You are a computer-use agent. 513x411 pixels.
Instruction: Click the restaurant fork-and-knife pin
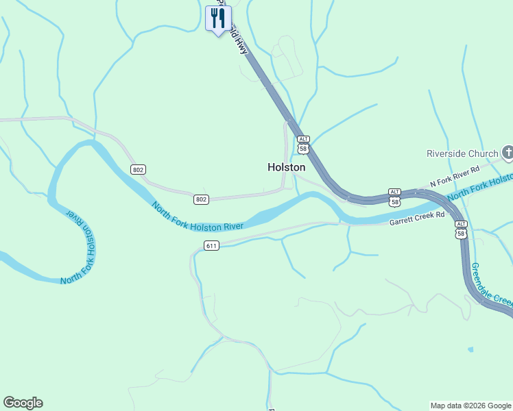218,18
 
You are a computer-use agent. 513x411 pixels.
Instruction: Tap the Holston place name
286,167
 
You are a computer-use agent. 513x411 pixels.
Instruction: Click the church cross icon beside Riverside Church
508,152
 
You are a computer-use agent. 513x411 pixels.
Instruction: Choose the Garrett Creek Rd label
417,219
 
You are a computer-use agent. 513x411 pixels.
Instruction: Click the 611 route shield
211,245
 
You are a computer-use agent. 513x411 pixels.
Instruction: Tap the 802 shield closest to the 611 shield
200,199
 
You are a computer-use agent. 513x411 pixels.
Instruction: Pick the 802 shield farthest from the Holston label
139,169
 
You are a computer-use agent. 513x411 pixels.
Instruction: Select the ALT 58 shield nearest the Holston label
304,145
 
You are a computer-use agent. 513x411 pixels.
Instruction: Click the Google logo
23,403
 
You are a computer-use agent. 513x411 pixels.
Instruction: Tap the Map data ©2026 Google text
470,406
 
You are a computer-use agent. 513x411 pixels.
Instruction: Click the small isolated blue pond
470,349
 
